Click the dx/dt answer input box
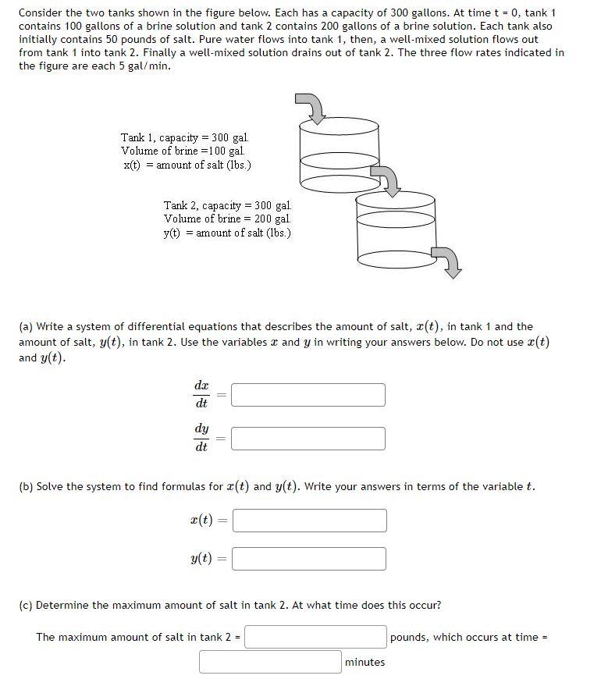(x=308, y=395)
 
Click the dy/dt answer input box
(x=308, y=439)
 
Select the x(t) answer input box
(x=309, y=521)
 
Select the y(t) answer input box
(x=309, y=559)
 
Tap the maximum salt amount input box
(x=316, y=637)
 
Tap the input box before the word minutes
(x=270, y=662)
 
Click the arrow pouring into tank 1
(x=312, y=108)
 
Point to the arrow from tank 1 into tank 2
(x=386, y=179)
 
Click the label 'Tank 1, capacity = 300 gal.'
(x=185, y=137)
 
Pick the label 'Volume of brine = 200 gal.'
(x=226, y=219)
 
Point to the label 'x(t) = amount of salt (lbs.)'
(x=187, y=165)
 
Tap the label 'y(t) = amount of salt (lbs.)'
(x=227, y=233)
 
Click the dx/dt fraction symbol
(x=201, y=395)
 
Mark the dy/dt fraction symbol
(x=201, y=439)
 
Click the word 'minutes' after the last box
(x=365, y=663)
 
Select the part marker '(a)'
(x=27, y=327)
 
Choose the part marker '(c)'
(x=27, y=606)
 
